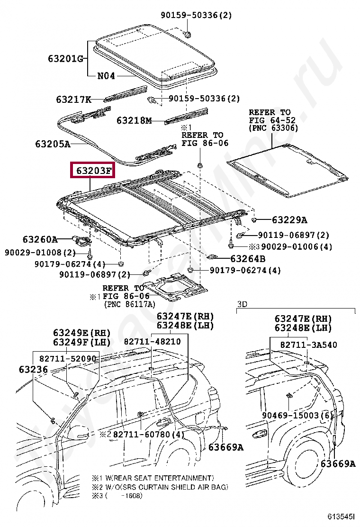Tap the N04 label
[x=106, y=75]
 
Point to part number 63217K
[x=73, y=100]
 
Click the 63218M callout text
[x=134, y=121]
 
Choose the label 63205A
[x=52, y=143]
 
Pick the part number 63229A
[x=289, y=220]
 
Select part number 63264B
[x=248, y=259]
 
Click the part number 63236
[x=33, y=369]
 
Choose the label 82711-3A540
[x=308, y=345]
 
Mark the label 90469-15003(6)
[x=299, y=415]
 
